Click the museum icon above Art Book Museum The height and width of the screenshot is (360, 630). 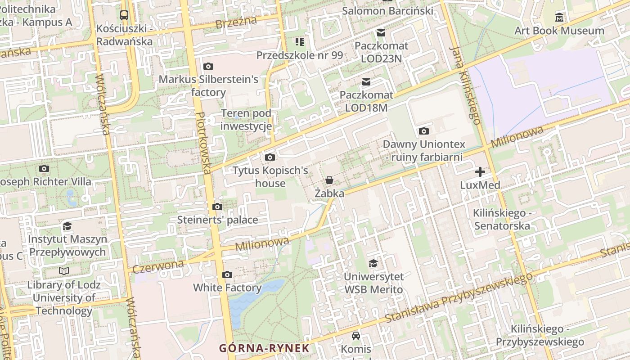(x=559, y=18)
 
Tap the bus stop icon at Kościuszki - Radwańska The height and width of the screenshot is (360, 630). (x=124, y=15)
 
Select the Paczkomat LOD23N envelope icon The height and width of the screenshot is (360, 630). (x=381, y=32)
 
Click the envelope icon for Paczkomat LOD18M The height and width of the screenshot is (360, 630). (x=366, y=82)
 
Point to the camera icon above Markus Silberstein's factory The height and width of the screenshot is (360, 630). (x=208, y=67)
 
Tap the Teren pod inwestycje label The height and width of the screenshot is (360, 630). (x=246, y=120)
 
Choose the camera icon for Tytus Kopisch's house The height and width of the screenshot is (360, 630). (x=270, y=157)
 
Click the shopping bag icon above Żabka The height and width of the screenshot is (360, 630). (x=329, y=180)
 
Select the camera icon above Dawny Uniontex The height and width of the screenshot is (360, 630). (x=423, y=131)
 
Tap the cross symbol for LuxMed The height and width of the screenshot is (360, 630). (x=480, y=172)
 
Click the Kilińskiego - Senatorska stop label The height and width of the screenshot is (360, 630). (x=502, y=219)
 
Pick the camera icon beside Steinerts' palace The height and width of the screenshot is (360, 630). (x=217, y=207)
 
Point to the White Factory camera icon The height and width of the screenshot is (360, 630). (x=227, y=275)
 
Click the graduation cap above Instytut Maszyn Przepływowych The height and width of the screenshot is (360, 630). (x=67, y=226)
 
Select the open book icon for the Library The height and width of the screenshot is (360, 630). (x=64, y=271)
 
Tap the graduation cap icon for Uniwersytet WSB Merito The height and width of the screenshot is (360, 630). (x=373, y=263)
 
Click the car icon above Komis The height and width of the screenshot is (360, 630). (x=356, y=336)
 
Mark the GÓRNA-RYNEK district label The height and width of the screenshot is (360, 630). (x=264, y=348)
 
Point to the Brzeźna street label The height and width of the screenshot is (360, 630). (x=236, y=22)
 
